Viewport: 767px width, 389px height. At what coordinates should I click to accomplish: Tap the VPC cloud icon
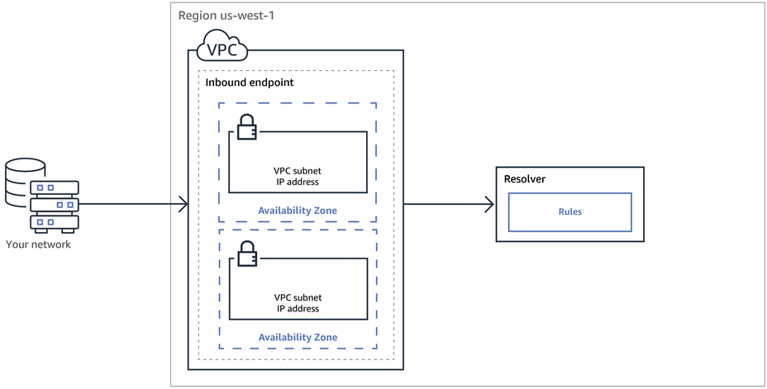coord(221,47)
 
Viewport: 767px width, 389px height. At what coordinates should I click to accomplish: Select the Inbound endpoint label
coord(249,83)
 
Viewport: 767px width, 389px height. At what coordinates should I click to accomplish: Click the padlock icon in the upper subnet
coord(245,127)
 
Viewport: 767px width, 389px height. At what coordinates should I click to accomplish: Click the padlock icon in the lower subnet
coord(245,254)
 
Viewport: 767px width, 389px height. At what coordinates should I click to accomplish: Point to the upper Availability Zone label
coord(298,211)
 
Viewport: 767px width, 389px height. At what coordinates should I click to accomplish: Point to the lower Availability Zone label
coord(298,337)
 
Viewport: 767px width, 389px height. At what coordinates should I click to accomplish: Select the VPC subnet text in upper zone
coord(298,171)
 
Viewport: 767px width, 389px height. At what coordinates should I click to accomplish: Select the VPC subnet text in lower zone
coord(298,297)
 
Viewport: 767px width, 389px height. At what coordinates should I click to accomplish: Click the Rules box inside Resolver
coord(569,211)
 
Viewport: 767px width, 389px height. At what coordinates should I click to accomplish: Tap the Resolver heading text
coord(525,179)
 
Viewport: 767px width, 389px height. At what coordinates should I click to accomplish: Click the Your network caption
coord(38,244)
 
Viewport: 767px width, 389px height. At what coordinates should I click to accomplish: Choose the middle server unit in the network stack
coord(55,204)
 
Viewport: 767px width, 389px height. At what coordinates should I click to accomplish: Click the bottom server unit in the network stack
coord(55,221)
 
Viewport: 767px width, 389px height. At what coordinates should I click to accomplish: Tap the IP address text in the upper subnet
coord(298,182)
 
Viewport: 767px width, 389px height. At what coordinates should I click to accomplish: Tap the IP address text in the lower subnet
coord(298,308)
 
